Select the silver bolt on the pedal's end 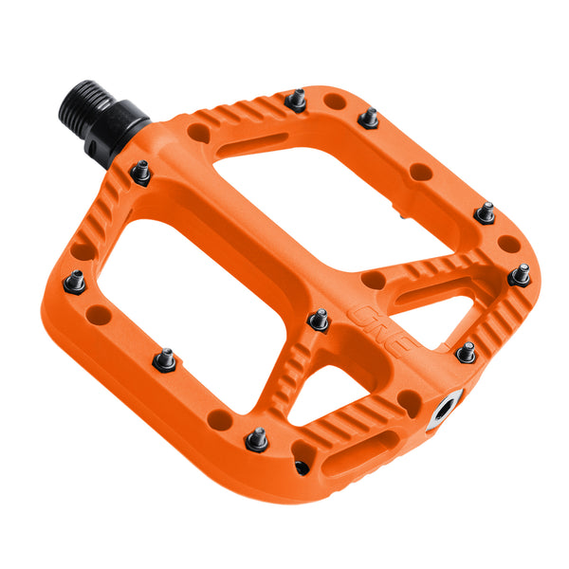point(444,411)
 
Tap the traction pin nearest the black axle point(141,173)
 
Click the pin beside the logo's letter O point(320,320)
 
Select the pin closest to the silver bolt point(465,352)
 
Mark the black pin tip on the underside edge point(302,467)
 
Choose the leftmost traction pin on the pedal point(75,281)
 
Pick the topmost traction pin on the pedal point(297,100)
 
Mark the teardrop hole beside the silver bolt point(410,402)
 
